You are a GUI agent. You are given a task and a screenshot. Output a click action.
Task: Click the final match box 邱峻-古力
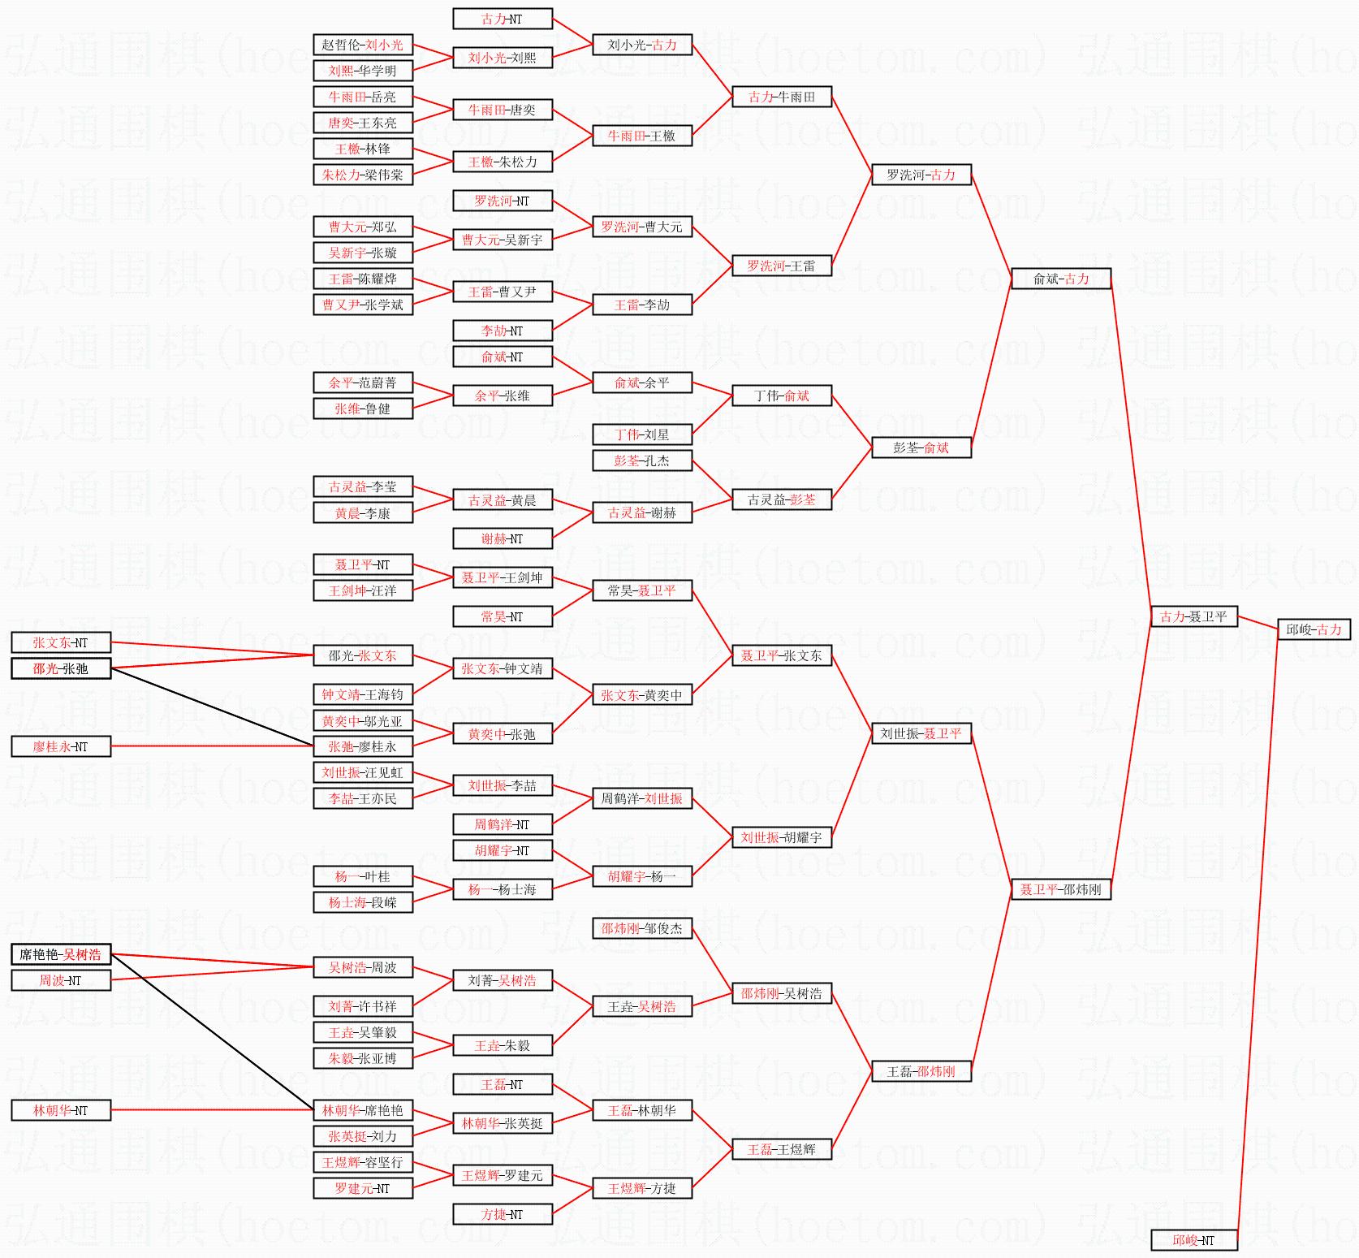(1314, 629)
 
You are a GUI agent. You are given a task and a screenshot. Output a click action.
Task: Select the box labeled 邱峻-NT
(1193, 1240)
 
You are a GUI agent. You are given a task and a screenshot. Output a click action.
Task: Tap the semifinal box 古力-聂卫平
(1193, 616)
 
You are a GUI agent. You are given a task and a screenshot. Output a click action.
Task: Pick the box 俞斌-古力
(1061, 279)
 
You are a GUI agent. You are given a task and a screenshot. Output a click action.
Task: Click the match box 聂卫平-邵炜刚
(1061, 889)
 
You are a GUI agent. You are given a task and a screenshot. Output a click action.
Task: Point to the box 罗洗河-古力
(921, 175)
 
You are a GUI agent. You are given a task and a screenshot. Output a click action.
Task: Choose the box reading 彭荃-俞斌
(921, 447)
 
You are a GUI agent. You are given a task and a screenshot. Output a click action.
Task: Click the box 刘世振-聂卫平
(921, 733)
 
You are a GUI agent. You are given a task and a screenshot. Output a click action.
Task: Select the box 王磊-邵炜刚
(921, 1071)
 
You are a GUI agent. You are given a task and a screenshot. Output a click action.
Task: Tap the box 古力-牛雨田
(781, 97)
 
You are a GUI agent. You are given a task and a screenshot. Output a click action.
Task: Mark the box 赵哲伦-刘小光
(362, 45)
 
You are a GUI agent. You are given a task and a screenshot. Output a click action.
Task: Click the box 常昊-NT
(502, 616)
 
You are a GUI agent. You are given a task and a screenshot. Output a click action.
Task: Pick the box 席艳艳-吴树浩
(61, 954)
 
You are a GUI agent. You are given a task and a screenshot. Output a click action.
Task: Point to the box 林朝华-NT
(61, 1110)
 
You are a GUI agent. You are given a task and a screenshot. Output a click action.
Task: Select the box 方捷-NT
(502, 1214)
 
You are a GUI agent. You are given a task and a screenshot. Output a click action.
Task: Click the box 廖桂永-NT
(61, 746)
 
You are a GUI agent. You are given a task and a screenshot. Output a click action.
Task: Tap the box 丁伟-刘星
(641, 434)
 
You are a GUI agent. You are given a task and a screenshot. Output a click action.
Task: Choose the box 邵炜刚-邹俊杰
(641, 928)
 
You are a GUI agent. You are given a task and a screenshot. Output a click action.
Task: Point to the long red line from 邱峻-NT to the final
(1257, 934)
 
